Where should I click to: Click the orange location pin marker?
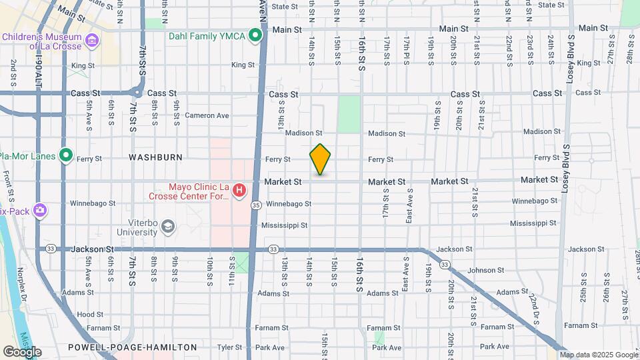point(320,159)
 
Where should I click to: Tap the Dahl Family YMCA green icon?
point(255,35)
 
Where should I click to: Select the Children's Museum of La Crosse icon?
point(91,41)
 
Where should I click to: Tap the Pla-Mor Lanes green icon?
point(65,155)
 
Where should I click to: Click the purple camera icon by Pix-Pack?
point(39,210)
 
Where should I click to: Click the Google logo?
point(22,352)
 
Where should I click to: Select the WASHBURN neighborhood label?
point(155,157)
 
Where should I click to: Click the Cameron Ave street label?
point(207,115)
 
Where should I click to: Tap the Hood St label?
point(90,314)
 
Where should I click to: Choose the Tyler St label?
point(229,347)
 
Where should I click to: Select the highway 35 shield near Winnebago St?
point(256,205)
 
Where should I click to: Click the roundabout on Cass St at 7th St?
point(137,93)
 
